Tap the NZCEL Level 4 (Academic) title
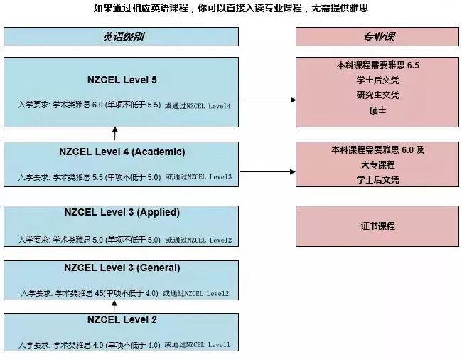[122, 152]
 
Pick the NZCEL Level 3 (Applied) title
[122, 212]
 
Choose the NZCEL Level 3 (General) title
[122, 268]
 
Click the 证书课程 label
[377, 226]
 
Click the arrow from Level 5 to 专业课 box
[269, 100]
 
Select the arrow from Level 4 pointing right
[269, 171]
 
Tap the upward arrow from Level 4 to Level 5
[115, 133]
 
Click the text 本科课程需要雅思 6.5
[377, 65]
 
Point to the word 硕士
[377, 110]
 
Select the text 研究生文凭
[377, 95]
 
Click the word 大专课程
[377, 165]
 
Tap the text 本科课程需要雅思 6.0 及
[377, 150]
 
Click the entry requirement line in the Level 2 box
[124, 346]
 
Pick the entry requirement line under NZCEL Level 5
[124, 105]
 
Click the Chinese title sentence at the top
[231, 9]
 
